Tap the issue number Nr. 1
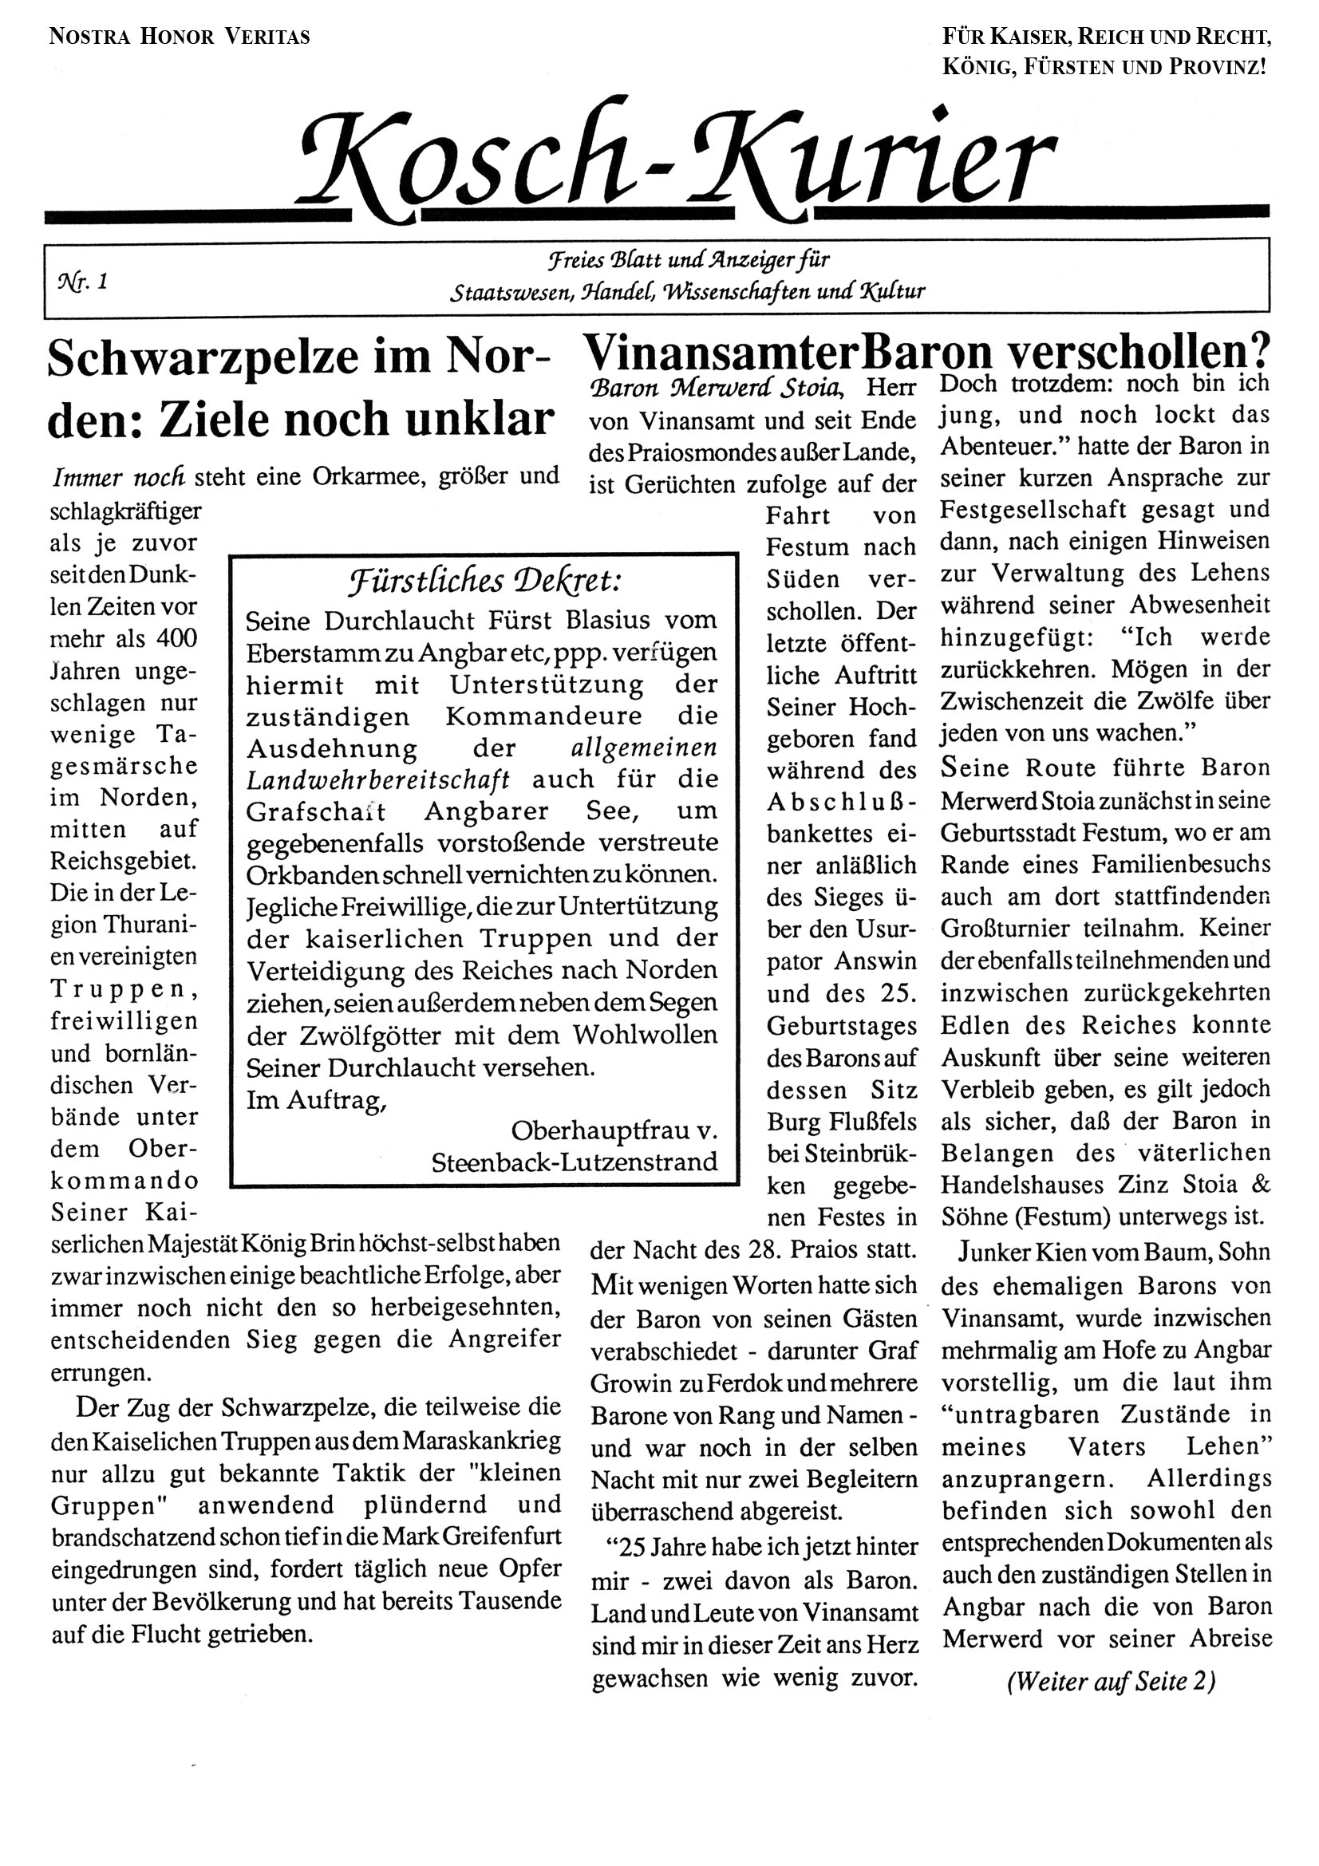[x=83, y=281]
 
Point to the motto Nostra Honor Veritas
[x=180, y=37]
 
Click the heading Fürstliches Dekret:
[x=485, y=582]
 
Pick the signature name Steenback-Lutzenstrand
[x=575, y=1162]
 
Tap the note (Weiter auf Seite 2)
[x=1111, y=1681]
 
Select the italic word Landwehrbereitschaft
[x=379, y=779]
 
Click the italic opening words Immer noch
[x=119, y=476]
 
